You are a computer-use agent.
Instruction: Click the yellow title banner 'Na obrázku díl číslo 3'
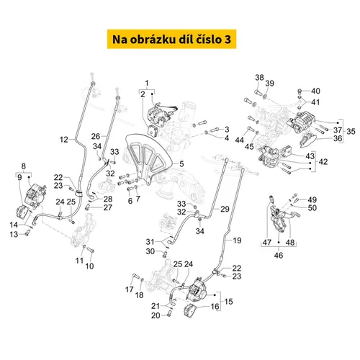click(x=171, y=39)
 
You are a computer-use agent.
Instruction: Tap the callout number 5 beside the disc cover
click(x=181, y=164)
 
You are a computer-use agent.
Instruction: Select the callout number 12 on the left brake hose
click(x=63, y=140)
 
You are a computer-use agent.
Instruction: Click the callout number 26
click(x=96, y=136)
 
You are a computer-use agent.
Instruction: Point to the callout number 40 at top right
click(x=315, y=91)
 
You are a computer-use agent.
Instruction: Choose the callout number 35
click(x=351, y=131)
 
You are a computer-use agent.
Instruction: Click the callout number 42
click(x=323, y=161)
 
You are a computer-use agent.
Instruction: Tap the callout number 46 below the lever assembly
click(x=279, y=255)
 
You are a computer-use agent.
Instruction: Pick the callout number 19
click(x=237, y=240)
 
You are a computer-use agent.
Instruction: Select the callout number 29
click(x=225, y=209)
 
